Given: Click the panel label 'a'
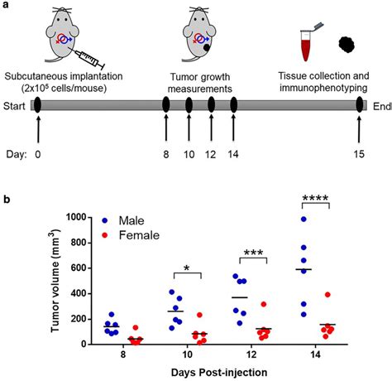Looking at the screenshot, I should (6, 6).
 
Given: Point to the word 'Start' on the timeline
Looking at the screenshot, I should (14, 105).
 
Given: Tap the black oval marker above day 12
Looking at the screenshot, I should (211, 105).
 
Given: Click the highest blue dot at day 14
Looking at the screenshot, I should (303, 219).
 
